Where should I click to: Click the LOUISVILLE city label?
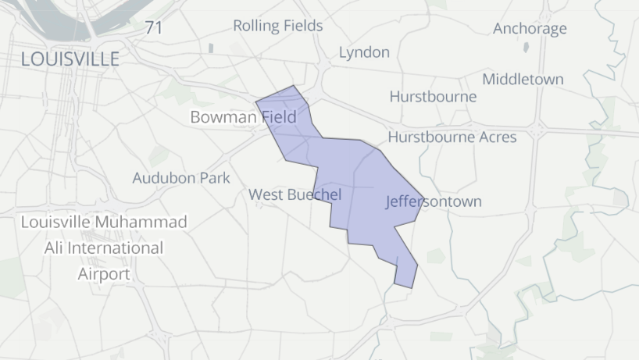pyautogui.click(x=70, y=59)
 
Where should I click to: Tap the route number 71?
pyautogui.click(x=154, y=28)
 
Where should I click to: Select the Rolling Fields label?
pyautogui.click(x=277, y=26)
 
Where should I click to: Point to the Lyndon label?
pyautogui.click(x=364, y=52)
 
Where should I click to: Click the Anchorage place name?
pyautogui.click(x=530, y=29)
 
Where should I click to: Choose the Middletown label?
pyautogui.click(x=523, y=79)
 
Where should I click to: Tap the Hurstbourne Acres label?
pyautogui.click(x=452, y=137)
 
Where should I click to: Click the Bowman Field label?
pyautogui.click(x=243, y=118)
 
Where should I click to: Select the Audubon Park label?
pyautogui.click(x=181, y=178)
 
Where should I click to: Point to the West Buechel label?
pyautogui.click(x=295, y=194)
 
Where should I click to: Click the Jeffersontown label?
pyautogui.click(x=434, y=201)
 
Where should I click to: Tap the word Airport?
pyautogui.click(x=104, y=274)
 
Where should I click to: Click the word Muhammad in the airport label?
pyautogui.click(x=142, y=223)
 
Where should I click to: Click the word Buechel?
pyautogui.click(x=315, y=194)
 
